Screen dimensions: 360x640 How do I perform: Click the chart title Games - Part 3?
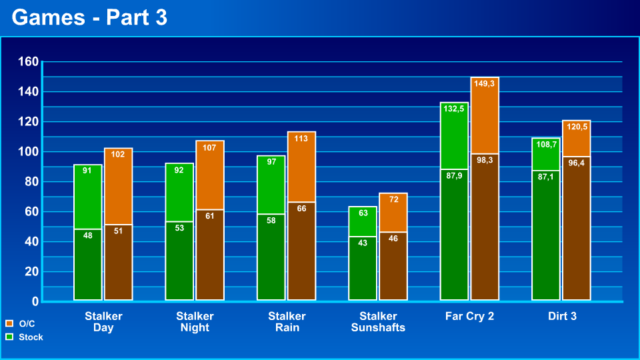coord(89,18)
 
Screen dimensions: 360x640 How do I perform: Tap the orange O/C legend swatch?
coord(9,323)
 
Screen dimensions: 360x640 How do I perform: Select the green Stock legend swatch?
coord(9,337)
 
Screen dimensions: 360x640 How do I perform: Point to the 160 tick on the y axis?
coord(28,62)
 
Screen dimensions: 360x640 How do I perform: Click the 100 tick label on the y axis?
coord(28,152)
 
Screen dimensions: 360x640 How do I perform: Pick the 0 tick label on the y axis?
coord(35,302)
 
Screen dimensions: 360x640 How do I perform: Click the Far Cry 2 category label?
coord(469,316)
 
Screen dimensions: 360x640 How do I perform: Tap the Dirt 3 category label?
coord(562,316)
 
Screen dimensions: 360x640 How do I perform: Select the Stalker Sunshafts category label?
coord(378,321)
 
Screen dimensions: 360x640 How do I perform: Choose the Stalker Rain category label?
coord(287,321)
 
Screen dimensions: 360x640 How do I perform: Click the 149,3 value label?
coord(484,84)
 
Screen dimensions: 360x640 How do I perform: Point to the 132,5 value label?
coord(453,109)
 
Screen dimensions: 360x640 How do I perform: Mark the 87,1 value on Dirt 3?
coord(545,177)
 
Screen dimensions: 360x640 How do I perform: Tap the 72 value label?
coord(393,199)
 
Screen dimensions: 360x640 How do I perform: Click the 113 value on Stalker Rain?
coord(301,139)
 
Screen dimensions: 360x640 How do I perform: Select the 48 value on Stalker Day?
coord(87,235)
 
